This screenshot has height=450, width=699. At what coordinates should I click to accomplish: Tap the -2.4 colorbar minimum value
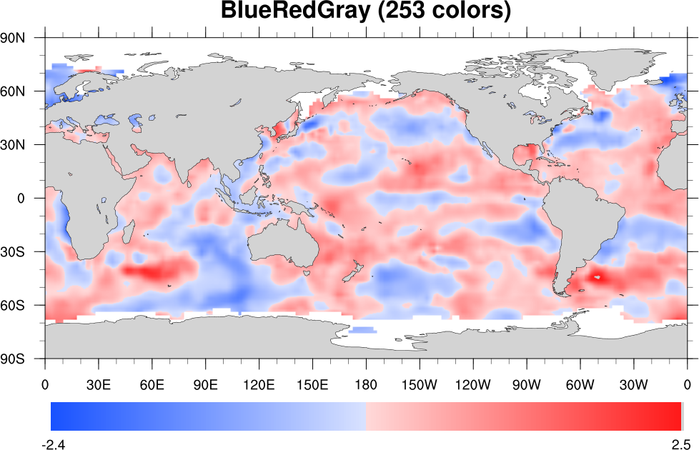(x=56, y=444)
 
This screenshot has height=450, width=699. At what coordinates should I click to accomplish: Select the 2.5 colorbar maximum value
(x=680, y=444)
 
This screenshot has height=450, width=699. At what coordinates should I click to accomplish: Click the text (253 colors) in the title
(x=439, y=12)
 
